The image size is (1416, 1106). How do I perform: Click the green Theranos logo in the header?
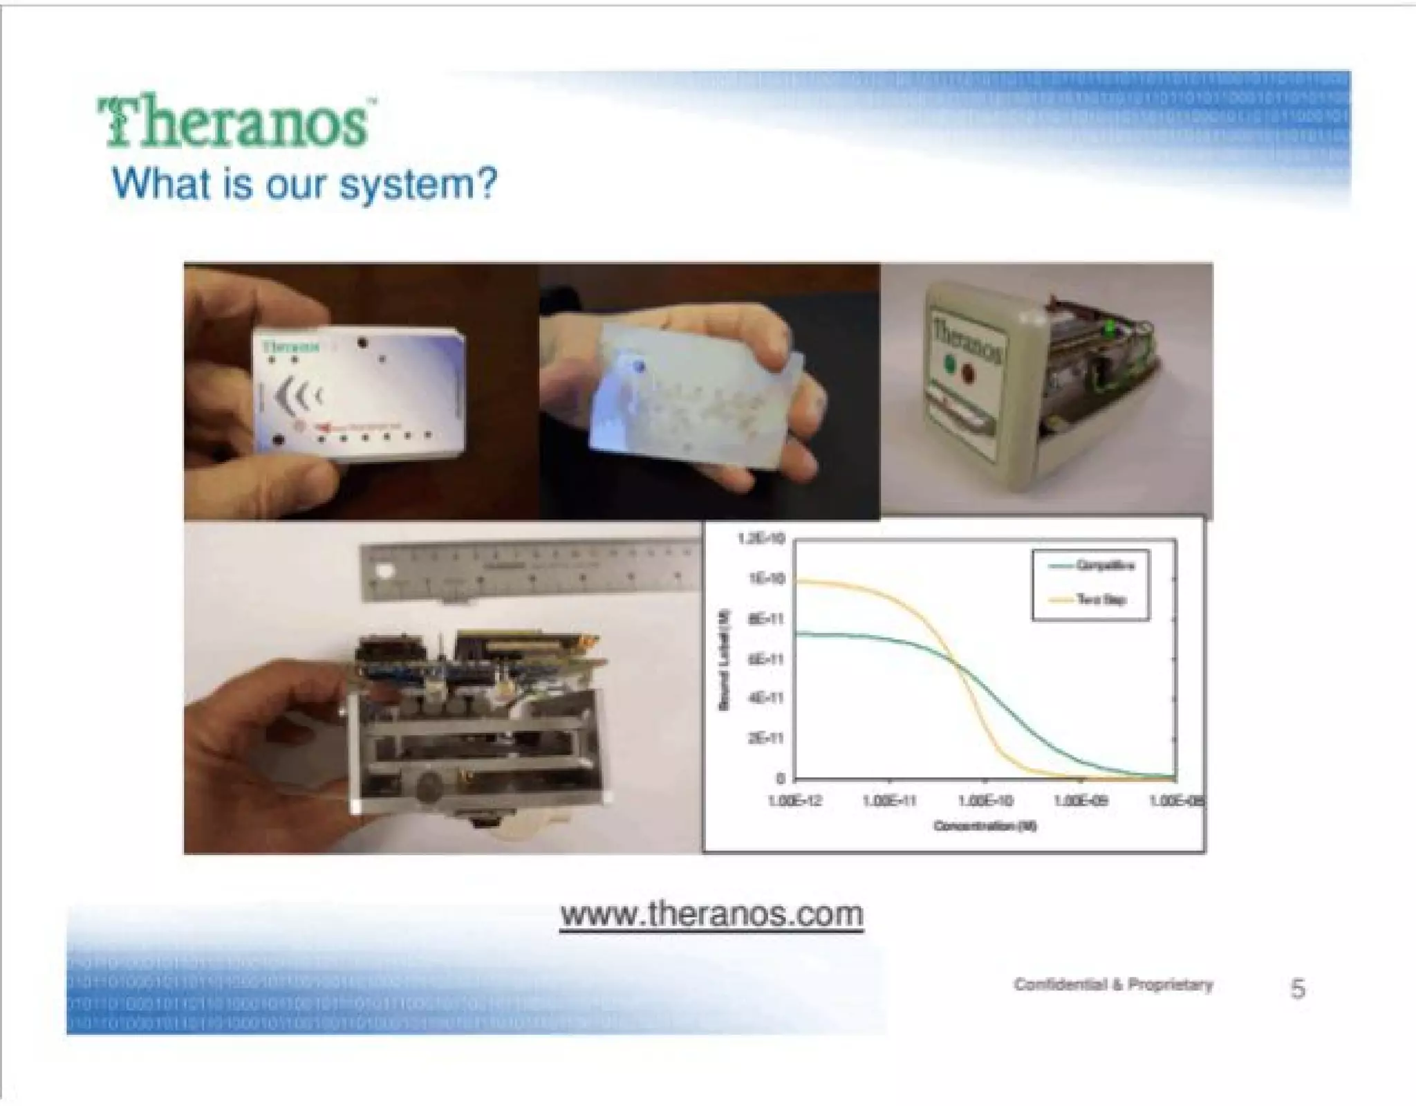[x=235, y=123]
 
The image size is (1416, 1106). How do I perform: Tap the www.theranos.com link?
[x=711, y=914]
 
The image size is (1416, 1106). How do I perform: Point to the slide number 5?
[x=1298, y=988]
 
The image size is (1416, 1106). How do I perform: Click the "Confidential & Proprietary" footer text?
[x=1113, y=985]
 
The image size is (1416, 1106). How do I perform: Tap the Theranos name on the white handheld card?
[x=291, y=346]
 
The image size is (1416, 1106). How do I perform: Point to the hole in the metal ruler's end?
[x=382, y=572]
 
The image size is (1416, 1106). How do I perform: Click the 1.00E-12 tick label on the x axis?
[x=794, y=801]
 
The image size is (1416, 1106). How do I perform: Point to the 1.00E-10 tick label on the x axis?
[x=985, y=801]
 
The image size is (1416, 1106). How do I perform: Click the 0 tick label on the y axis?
[x=780, y=779]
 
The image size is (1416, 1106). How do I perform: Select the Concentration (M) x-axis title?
[x=985, y=826]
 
